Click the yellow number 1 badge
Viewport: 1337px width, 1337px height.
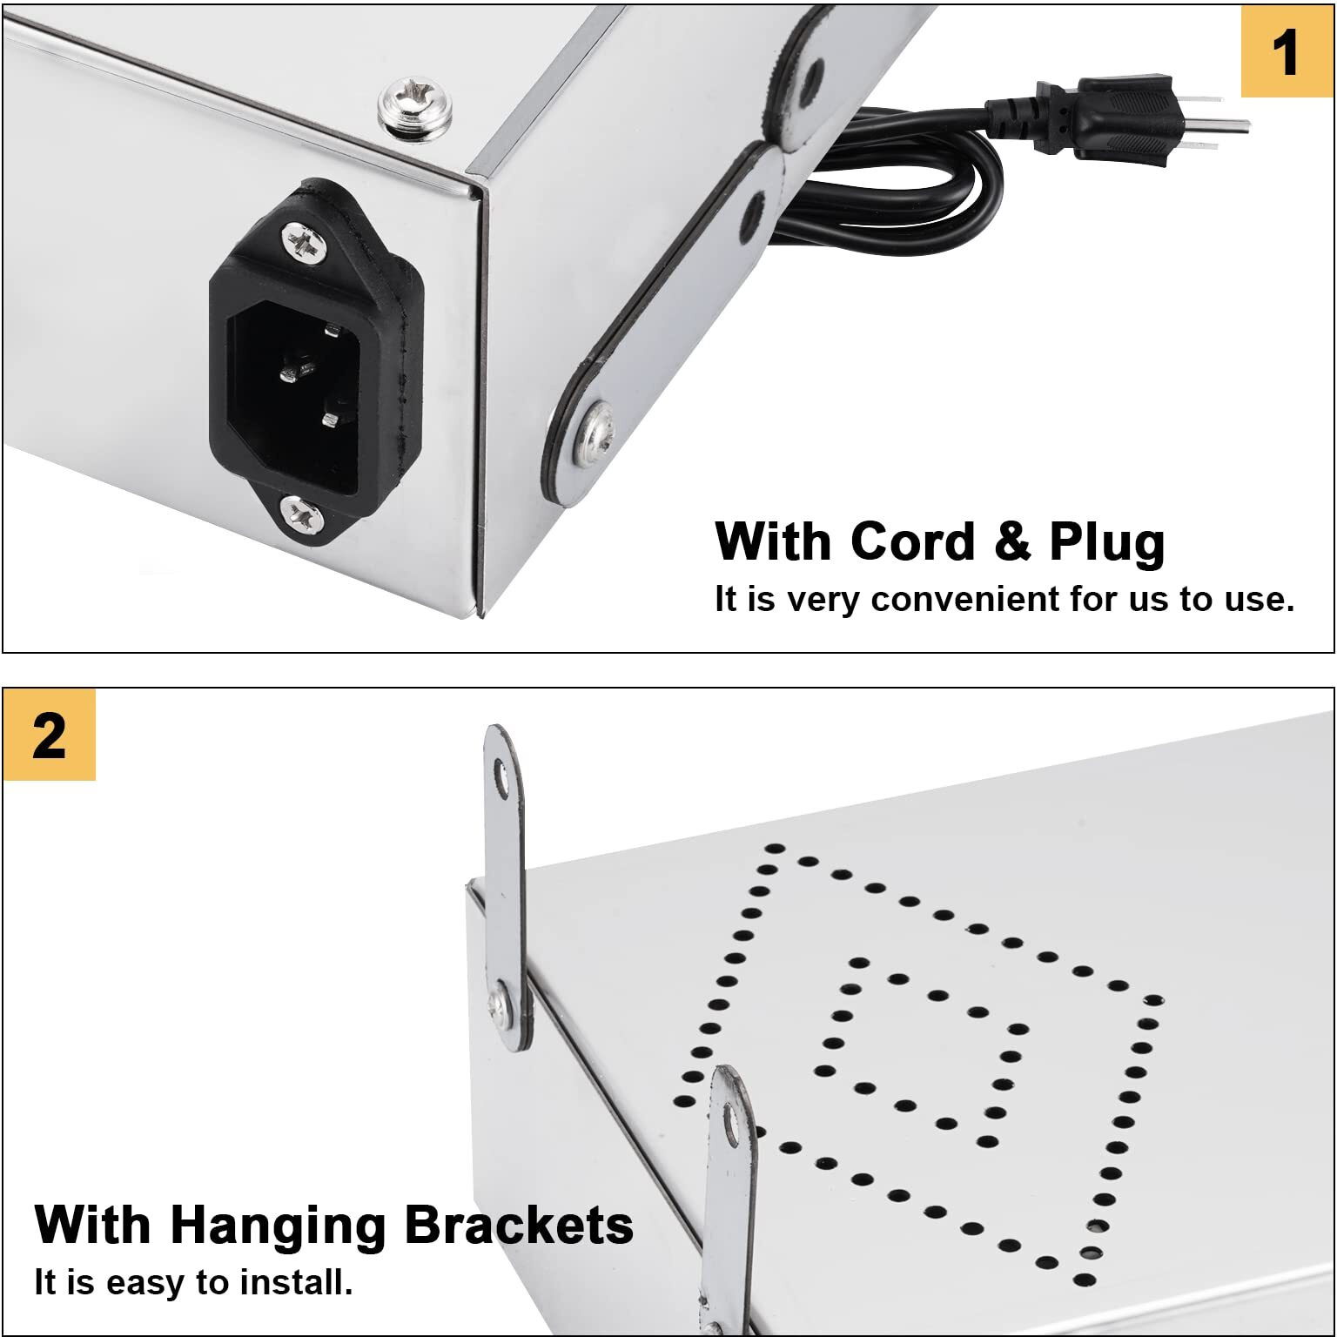pos(1287,51)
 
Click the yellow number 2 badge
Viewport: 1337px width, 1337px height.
pos(50,735)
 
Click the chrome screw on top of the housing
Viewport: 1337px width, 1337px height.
pos(414,107)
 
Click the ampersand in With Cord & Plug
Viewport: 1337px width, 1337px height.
pos(1012,541)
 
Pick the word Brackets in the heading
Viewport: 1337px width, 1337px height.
pos(519,1225)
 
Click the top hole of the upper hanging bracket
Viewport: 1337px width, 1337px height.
pos(501,778)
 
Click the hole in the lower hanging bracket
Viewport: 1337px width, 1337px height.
pos(731,1125)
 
